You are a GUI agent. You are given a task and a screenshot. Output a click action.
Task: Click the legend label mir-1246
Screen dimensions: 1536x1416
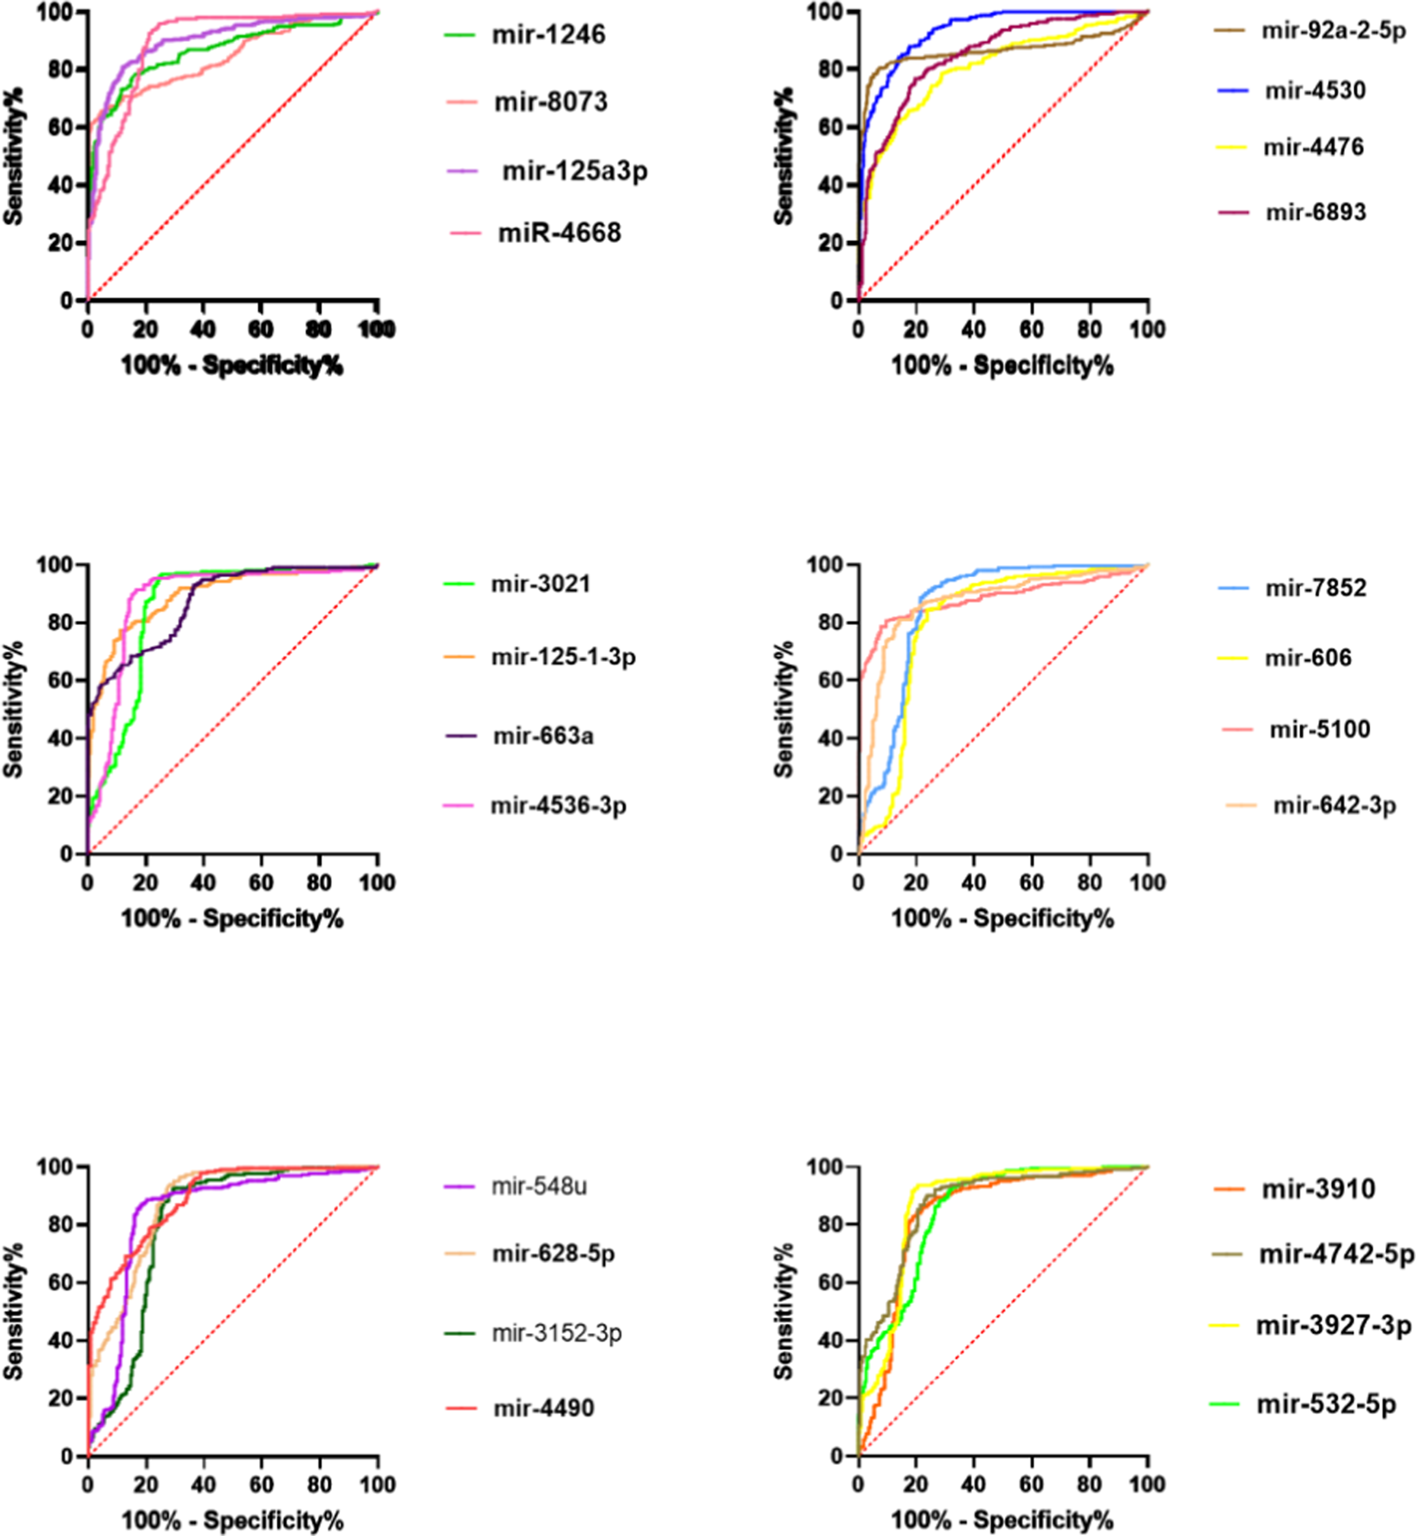click(548, 35)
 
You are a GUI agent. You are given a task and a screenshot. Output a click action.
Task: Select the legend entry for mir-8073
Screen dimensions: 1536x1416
click(550, 102)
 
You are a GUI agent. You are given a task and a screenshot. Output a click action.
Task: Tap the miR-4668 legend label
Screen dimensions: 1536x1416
click(559, 233)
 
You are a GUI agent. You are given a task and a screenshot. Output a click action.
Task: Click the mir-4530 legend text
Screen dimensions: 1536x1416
click(1315, 90)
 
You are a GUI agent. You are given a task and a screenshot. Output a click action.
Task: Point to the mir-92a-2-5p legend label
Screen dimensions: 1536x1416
click(1333, 32)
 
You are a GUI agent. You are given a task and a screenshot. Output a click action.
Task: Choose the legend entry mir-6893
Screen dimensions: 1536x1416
click(1316, 212)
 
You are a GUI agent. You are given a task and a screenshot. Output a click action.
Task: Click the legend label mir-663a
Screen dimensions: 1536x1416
click(542, 736)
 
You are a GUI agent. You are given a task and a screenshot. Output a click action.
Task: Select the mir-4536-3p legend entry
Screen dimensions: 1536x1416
click(558, 806)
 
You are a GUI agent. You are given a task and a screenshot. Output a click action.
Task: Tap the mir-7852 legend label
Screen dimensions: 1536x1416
click(1316, 588)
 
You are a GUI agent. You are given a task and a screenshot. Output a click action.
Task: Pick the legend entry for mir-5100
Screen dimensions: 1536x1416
click(1320, 730)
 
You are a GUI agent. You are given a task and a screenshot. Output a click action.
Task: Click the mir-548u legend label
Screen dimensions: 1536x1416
click(539, 1187)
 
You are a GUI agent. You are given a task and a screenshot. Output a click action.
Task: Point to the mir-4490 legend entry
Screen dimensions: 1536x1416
click(543, 1408)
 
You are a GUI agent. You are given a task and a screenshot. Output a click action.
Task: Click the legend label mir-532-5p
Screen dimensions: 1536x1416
click(1326, 1405)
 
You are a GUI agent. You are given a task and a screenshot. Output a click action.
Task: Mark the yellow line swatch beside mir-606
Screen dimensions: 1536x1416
click(1233, 659)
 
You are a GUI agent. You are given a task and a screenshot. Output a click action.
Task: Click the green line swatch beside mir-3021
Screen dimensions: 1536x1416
click(459, 585)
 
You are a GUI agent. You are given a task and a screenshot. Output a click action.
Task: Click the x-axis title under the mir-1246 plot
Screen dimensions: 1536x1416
click(232, 367)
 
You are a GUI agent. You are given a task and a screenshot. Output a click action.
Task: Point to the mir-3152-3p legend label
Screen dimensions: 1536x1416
click(556, 1333)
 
